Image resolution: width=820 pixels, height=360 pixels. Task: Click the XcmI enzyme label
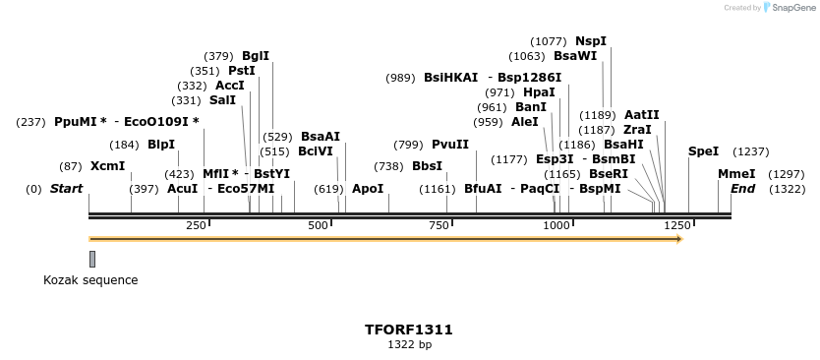pos(107,166)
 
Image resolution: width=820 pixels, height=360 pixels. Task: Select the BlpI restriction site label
pos(161,145)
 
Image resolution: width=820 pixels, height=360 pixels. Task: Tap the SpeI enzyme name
pos(703,151)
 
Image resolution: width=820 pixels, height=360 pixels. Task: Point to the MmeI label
pos(736,174)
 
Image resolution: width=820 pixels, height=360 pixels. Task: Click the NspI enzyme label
pos(591,41)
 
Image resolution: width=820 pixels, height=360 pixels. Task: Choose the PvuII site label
pos(450,145)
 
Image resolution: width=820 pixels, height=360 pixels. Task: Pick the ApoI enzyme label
pos(368,189)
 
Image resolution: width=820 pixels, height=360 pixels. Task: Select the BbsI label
pos(427,166)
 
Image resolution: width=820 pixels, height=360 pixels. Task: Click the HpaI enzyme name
pos(539,92)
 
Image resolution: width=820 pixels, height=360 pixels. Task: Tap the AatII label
pos(642,115)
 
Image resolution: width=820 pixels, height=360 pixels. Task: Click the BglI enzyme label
pos(256,56)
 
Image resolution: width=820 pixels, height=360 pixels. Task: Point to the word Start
pos(66,189)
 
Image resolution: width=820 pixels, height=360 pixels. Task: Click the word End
pos(742,189)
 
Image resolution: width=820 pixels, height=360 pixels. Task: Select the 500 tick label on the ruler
pos(319,226)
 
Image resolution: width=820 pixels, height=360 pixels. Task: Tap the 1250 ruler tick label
pos(677,226)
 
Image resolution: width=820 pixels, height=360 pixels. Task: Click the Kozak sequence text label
pos(90,280)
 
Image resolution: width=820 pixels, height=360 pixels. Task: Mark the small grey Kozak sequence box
pos(92,259)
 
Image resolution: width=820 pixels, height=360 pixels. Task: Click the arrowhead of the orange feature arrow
pos(677,239)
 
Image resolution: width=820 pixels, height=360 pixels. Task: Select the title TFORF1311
pos(409,330)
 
